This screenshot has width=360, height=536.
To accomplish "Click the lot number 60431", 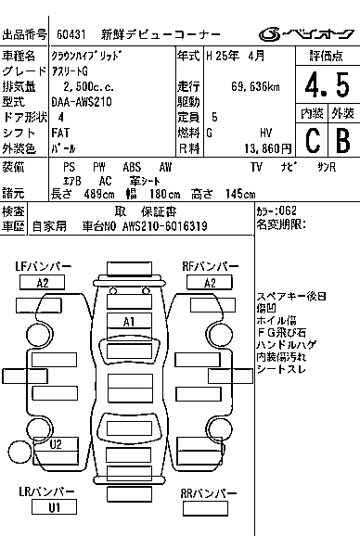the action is coord(71,34).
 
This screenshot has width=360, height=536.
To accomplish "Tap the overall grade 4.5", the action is coord(328,84).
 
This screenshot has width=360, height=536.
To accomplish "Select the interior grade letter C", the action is coord(313,140).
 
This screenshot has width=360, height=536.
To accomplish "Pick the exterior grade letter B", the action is coord(343,140).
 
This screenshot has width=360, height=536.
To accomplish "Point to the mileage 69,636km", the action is coord(255,87).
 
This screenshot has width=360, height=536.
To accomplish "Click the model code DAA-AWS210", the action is coord(82,102).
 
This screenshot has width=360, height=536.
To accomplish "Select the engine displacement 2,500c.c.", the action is coord(88,87).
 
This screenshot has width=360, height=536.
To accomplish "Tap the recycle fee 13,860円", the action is coord(268,148).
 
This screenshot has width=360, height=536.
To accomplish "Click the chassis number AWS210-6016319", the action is coord(165,226).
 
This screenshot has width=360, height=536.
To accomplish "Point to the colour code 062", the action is coord(288,211).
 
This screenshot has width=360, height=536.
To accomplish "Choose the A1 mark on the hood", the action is coord(129,322).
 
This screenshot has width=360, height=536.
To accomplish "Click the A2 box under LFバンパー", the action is coord(43,283).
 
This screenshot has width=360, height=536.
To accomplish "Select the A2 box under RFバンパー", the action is coord(210,283).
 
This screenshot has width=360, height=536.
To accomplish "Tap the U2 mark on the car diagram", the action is coord(56,444).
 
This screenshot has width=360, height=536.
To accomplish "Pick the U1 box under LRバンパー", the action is coord(54,507).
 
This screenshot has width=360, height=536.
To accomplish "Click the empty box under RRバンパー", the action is coord(205,509).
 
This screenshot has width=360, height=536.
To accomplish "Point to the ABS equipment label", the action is coord(132,167).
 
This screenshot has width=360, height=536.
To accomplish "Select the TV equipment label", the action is coord(256,167).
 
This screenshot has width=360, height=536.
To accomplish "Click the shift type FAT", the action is coord(60,133).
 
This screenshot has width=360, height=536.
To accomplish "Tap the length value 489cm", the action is coord(99,194).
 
